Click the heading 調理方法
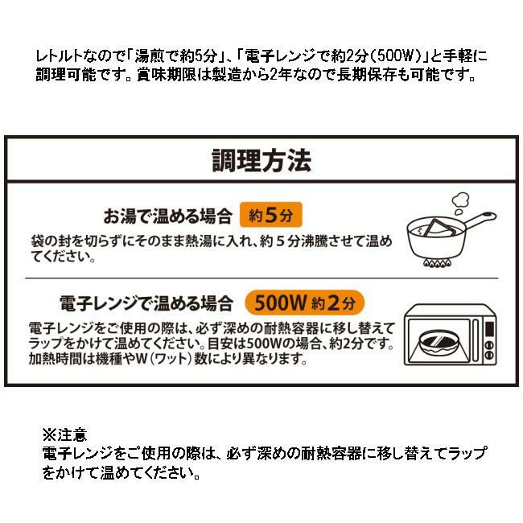coord(261,160)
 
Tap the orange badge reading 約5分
coord(271,215)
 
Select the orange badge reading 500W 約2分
coord(304,303)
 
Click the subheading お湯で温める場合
coord(168,216)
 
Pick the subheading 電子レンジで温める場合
coord(146,303)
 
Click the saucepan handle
coord(480,220)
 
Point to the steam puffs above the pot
coord(460,203)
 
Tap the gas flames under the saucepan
coord(437,263)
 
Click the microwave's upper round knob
coord(489,345)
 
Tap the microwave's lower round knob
coord(489,355)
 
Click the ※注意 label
coord(65,434)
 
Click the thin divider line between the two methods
coord(261,278)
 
